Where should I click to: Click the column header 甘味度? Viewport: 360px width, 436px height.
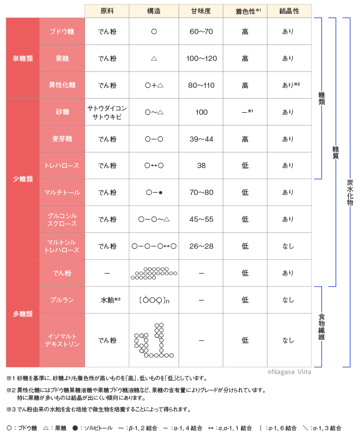tap(201, 11)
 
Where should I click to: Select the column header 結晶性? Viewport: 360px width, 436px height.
tap(289, 11)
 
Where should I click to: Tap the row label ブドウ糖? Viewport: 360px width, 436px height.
tap(62, 32)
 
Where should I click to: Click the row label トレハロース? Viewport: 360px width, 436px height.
tap(62, 166)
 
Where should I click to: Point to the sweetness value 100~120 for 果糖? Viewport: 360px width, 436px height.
tap(201, 59)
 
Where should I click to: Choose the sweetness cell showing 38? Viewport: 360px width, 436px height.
tap(201, 166)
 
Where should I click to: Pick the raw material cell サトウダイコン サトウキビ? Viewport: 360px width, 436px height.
tap(107, 112)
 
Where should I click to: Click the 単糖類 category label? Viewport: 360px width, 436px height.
tap(23, 59)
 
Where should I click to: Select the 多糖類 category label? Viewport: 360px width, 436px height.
tap(23, 314)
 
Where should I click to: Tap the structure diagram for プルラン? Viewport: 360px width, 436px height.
tap(154, 300)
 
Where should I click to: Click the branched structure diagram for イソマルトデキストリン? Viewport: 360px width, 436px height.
tap(153, 340)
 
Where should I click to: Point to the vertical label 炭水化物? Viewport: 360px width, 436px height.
tap(349, 192)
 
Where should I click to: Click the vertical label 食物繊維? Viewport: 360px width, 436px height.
tap(322, 327)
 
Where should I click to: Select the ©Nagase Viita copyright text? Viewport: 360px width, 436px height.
tap(289, 372)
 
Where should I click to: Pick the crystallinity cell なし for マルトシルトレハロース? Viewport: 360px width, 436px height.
tap(288, 246)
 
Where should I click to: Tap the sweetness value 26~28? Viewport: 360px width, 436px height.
tap(201, 246)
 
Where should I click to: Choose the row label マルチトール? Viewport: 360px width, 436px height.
tap(62, 193)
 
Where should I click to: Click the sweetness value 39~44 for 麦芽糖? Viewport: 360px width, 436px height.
tap(201, 139)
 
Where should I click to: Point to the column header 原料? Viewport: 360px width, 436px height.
tap(107, 11)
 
